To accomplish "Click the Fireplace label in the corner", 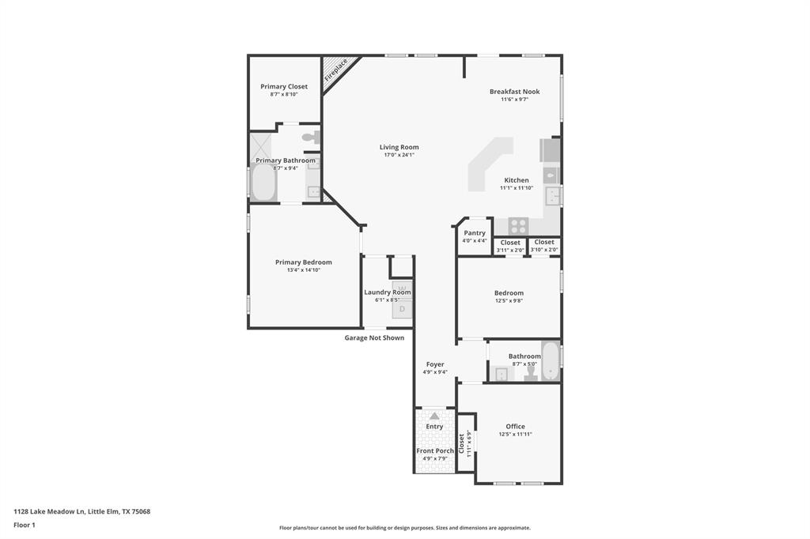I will pos(336,70).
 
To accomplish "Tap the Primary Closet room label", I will pos(284,86).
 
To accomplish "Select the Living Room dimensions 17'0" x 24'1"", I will pos(399,155).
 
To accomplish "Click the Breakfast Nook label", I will pos(514,92).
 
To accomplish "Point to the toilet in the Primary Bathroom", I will pos(309,137).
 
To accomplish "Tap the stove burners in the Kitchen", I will pos(518,224).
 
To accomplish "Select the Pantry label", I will pos(475,233).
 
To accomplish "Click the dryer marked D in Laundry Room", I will pos(402,309).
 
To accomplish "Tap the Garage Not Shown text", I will pos(374,337).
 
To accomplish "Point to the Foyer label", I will pos(435,364).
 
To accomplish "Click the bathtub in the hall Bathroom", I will pos(550,360).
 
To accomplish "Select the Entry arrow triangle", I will pos(434,416).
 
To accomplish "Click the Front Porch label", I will pos(435,450).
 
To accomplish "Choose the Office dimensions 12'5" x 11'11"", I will pos(515,434).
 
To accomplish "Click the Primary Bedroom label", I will pos(304,262).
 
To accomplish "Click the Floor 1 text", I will pos(25,524).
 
